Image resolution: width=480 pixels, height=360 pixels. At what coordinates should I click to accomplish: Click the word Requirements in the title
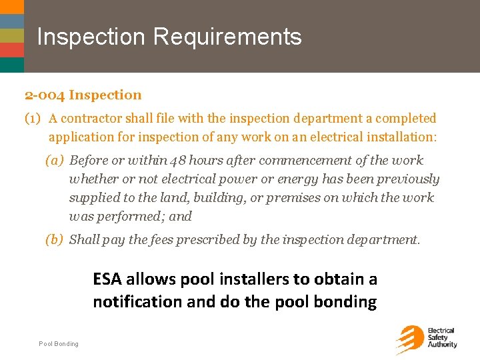[x=227, y=37]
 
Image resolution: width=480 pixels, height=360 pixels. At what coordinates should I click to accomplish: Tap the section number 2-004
[x=45, y=95]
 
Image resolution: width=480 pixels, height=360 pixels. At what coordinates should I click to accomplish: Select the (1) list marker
[x=33, y=119]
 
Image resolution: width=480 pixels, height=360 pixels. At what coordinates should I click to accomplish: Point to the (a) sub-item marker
[x=55, y=161]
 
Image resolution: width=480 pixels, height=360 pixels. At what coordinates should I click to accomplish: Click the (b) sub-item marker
[x=55, y=240]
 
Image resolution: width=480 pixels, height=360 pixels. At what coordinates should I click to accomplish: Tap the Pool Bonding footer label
[x=59, y=344]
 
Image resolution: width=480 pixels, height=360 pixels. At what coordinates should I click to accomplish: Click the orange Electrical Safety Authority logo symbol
[x=409, y=339]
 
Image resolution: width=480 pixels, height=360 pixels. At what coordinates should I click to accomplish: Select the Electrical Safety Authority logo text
[x=441, y=337]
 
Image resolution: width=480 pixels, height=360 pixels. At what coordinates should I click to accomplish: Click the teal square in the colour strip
[x=12, y=65]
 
